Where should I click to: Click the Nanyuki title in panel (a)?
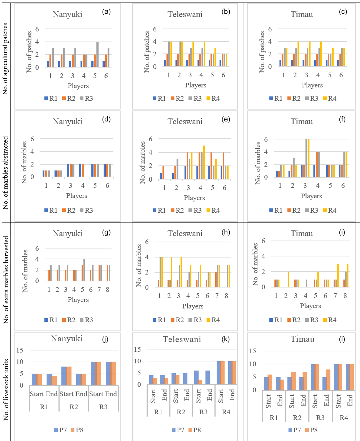(67, 14)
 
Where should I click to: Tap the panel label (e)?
(227, 117)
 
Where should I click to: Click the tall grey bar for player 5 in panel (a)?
(97, 54)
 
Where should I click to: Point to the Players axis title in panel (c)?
(312, 85)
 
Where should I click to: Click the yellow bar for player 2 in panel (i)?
(289, 279)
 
